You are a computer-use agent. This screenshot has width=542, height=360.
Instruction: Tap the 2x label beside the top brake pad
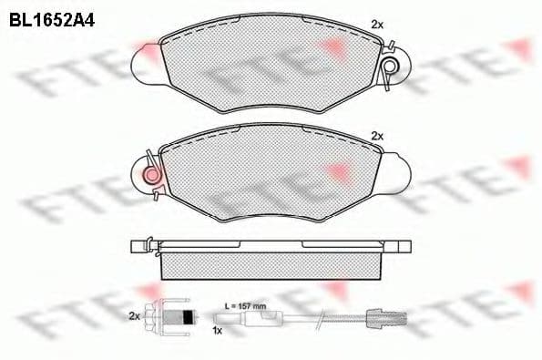[376, 24]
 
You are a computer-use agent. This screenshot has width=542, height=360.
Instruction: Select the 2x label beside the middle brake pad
[376, 136]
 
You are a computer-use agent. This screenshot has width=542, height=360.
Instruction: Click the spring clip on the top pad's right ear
[390, 66]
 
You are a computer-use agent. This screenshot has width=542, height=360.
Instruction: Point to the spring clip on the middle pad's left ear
[151, 173]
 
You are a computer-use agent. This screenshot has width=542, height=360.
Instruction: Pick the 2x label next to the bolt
[134, 315]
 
